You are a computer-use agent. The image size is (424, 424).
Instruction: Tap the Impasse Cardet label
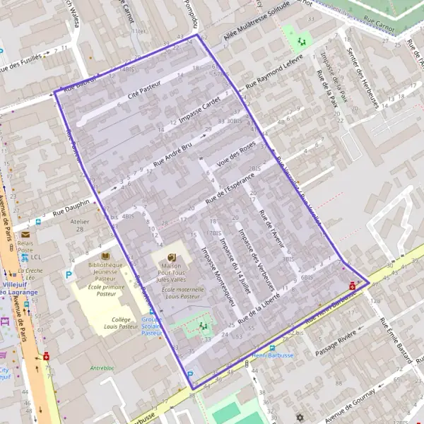click(199, 110)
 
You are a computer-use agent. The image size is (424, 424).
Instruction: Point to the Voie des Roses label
click(236, 153)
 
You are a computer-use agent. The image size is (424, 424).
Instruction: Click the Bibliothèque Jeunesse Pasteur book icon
click(106, 256)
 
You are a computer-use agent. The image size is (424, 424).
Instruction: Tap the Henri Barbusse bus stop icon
click(272, 348)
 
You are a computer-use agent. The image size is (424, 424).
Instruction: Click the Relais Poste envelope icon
click(25, 234)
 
